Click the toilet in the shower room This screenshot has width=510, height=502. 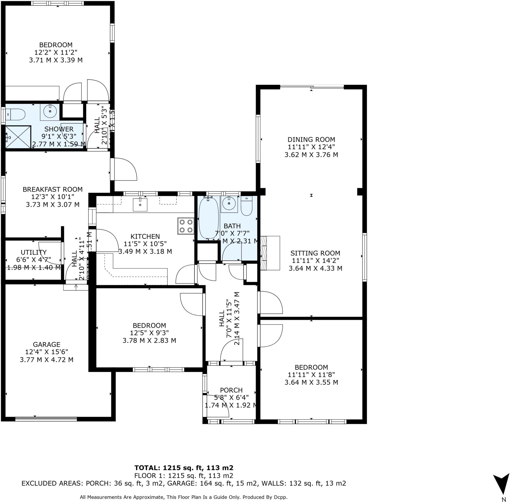pos(16,115)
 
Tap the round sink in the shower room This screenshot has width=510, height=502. pos(50,111)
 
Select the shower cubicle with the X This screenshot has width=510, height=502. pos(18,137)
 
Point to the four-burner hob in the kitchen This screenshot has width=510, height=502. pos(186,226)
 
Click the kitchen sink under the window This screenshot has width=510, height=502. pos(140,205)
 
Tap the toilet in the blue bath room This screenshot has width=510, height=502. pos(247,206)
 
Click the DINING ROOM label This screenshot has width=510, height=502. pos(311,140)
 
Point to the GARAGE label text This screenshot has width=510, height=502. pos(47,344)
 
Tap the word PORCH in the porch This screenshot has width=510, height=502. pos(231,390)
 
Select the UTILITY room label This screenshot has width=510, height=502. pos(33,252)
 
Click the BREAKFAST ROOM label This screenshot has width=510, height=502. pos(53,189)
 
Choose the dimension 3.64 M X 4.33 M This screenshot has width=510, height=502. pos(315,268)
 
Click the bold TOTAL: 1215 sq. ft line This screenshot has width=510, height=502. pos(184,468)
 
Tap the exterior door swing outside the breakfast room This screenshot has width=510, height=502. pos(124,169)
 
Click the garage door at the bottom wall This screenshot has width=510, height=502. pos(46,419)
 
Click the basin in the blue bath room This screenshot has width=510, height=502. pos(229,204)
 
